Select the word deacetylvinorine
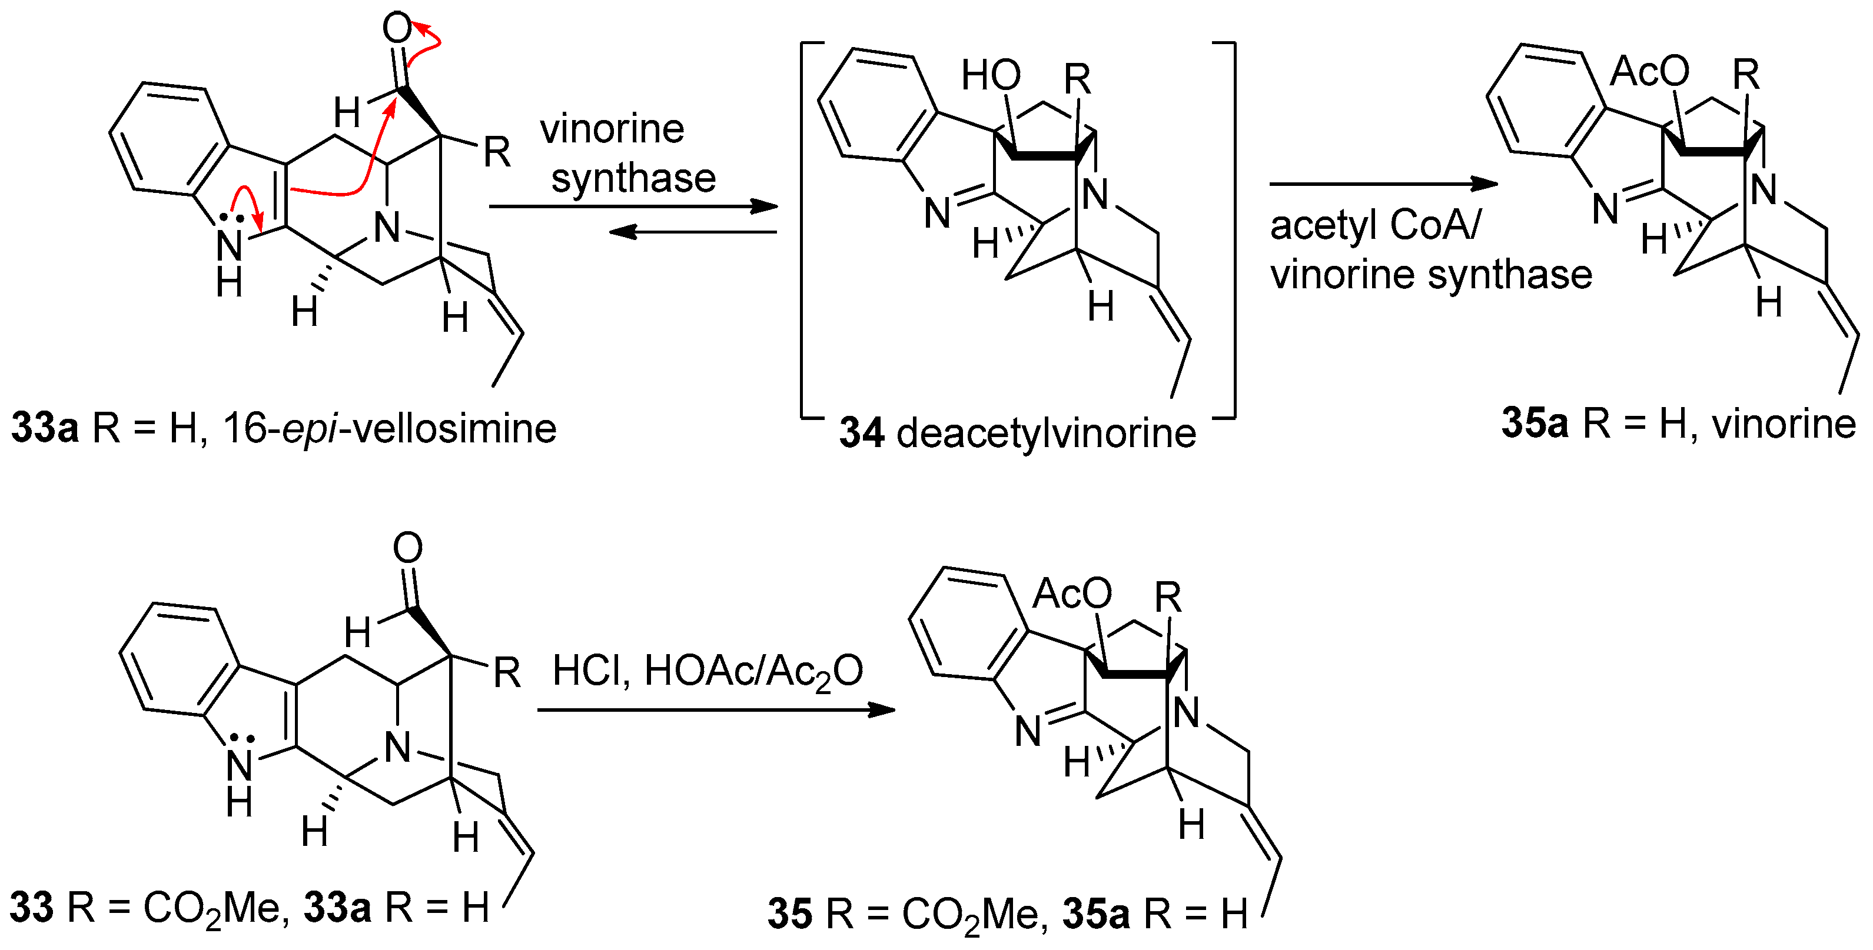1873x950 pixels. click(1047, 434)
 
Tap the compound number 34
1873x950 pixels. click(862, 434)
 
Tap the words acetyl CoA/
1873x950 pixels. click(1374, 225)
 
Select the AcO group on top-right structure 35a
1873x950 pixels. click(1649, 71)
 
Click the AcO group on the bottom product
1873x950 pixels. click(1072, 594)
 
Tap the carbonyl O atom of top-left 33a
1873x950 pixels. click(397, 28)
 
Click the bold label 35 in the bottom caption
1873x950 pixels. click(789, 914)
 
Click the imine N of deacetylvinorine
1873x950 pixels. click(937, 212)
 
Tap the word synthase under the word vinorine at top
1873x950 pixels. click(633, 178)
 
